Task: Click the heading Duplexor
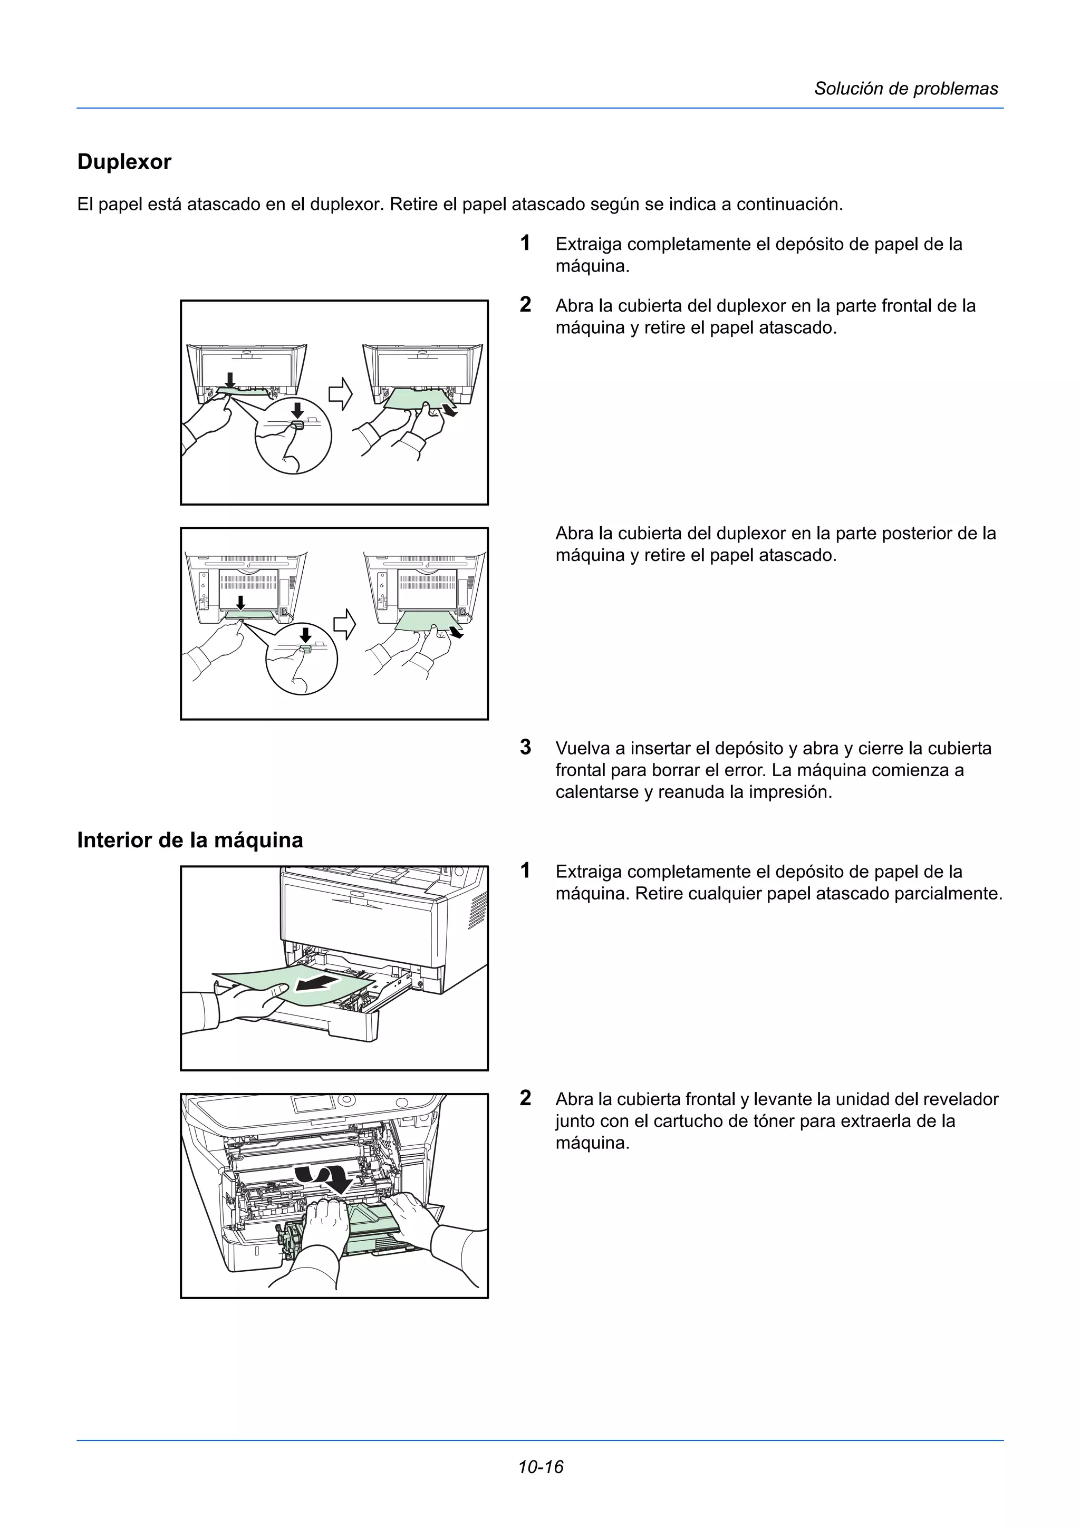click(x=124, y=162)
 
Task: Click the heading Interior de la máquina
click(x=190, y=840)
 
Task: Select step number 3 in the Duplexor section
click(x=525, y=747)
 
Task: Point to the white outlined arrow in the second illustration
click(x=344, y=624)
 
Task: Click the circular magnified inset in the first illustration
click(x=293, y=436)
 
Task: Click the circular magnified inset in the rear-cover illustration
click(x=302, y=660)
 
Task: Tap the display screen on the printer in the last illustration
click(x=313, y=1104)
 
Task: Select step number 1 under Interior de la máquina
click(x=525, y=871)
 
